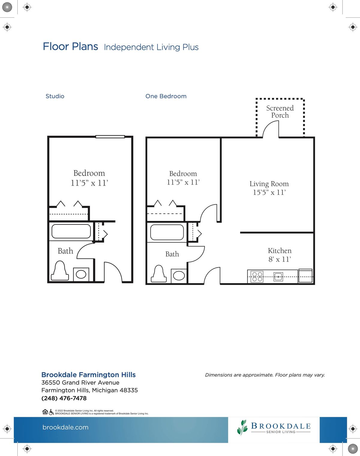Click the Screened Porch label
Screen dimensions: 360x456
point(280,111)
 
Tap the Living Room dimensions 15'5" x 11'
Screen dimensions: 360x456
point(269,192)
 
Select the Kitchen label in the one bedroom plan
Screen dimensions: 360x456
point(280,251)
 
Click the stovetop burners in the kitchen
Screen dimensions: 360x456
point(257,276)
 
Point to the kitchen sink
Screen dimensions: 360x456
point(278,276)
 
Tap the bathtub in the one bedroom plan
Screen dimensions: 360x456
point(167,232)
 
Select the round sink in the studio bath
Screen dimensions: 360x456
point(81,274)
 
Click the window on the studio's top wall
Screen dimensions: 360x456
point(110,137)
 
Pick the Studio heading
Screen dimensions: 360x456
point(55,96)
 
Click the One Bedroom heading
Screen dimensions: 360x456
point(166,96)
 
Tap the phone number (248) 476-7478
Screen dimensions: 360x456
point(64,398)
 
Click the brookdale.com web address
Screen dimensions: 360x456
point(65,427)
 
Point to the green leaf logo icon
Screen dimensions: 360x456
point(242,427)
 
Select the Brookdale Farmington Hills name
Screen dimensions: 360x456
point(88,375)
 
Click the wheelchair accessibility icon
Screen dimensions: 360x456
point(51,412)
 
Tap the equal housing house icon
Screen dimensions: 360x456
point(45,412)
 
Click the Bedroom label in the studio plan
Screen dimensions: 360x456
point(89,173)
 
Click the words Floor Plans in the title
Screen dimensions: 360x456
point(70,47)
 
